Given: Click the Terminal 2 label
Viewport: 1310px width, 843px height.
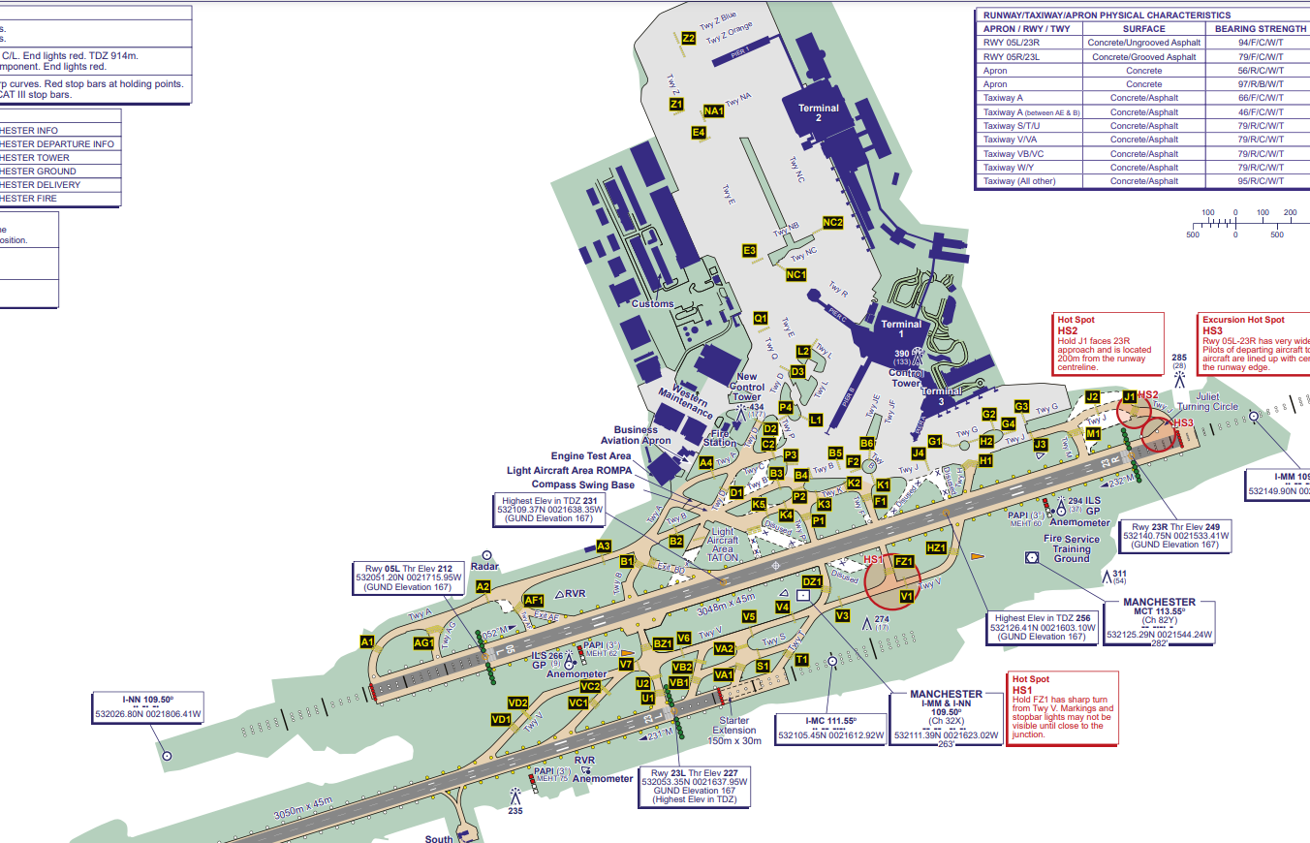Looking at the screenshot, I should click(819, 112).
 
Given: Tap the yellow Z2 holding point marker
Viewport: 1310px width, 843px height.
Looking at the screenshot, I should click(689, 39).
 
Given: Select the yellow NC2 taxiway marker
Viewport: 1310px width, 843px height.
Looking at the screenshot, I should click(832, 223).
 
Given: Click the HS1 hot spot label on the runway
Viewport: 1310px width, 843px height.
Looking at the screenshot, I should click(872, 560).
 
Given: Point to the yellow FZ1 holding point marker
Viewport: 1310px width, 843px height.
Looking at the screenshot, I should click(904, 561).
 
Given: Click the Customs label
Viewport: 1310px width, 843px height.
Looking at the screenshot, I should click(652, 303).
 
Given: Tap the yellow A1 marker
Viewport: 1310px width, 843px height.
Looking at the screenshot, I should click(367, 642).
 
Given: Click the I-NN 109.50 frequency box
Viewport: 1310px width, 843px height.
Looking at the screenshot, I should click(148, 706).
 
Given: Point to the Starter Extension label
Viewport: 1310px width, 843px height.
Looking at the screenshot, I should click(733, 730).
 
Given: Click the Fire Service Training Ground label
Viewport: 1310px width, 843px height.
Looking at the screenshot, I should click(1072, 548).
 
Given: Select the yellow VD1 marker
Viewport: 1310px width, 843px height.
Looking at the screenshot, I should click(500, 719).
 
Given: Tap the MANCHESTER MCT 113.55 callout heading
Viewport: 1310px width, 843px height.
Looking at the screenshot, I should click(1159, 607).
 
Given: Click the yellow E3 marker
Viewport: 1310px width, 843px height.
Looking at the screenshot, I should click(749, 251).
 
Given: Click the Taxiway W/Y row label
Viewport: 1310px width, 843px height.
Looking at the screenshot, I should click(1014, 168).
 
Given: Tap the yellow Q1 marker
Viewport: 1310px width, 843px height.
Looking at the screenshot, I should click(761, 318).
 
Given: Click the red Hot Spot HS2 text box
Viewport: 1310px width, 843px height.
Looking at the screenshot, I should click(1108, 344).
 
